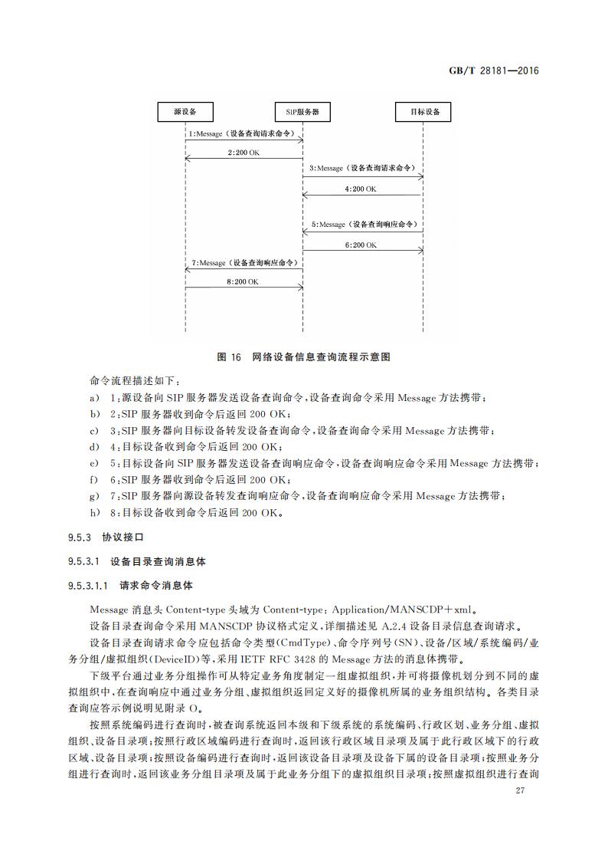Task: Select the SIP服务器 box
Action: pyautogui.click(x=302, y=112)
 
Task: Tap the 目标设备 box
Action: pyautogui.click(x=423, y=112)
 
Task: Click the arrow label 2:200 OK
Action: pyautogui.click(x=243, y=153)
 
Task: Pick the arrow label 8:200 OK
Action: pyautogui.click(x=243, y=281)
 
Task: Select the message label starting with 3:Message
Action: pyautogui.click(x=362, y=167)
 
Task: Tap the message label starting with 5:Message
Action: pyautogui.click(x=362, y=225)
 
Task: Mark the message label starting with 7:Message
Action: pyautogui.click(x=243, y=263)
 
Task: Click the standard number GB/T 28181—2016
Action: pyautogui.click(x=494, y=71)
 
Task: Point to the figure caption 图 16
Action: pyautogui.click(x=229, y=357)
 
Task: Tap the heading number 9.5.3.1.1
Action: pyautogui.click(x=90, y=587)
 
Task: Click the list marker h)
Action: pyautogui.click(x=94, y=513)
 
